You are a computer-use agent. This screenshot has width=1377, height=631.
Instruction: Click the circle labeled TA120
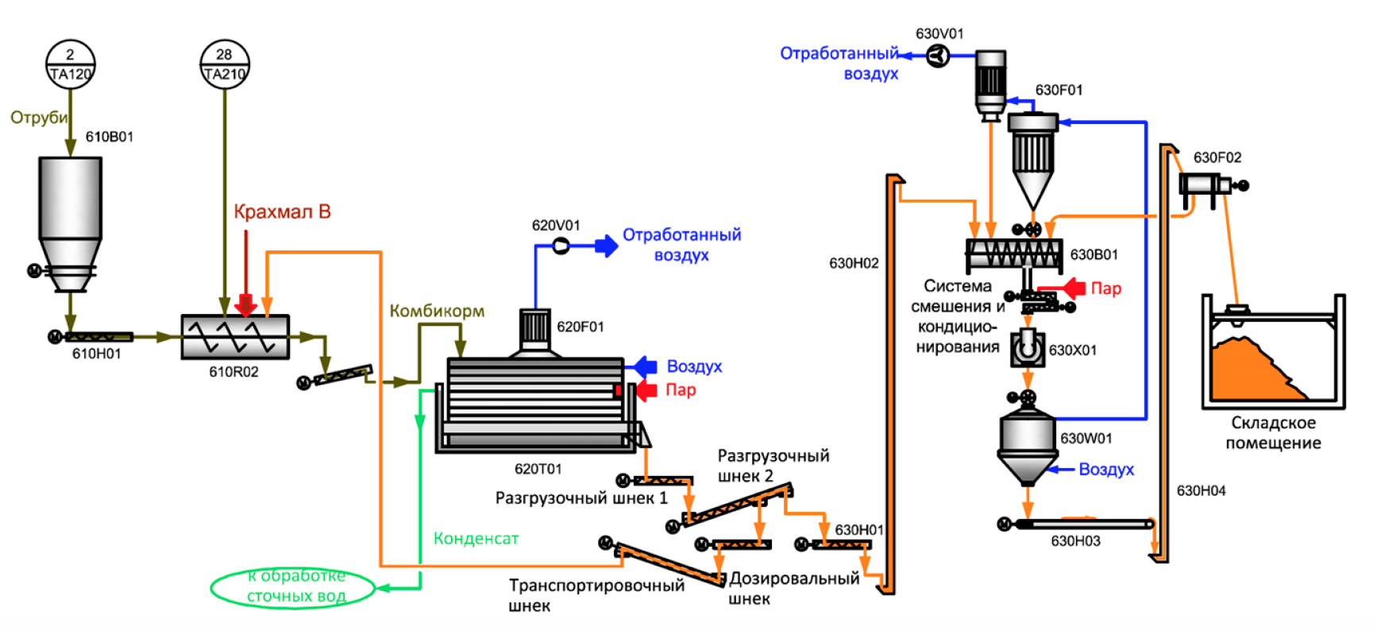click(x=70, y=64)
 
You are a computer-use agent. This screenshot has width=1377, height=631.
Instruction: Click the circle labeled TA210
click(x=225, y=64)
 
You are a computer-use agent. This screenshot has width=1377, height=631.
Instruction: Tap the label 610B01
click(x=110, y=137)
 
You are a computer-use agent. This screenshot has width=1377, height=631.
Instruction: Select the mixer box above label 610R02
click(x=235, y=337)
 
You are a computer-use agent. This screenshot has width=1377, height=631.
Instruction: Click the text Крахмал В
click(x=282, y=212)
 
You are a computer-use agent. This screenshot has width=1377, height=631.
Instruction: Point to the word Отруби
click(x=39, y=118)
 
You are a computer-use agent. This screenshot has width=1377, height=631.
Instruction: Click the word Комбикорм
click(x=437, y=312)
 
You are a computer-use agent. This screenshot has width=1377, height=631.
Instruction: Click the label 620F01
click(x=580, y=327)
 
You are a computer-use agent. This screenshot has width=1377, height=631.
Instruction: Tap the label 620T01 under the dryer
click(x=538, y=469)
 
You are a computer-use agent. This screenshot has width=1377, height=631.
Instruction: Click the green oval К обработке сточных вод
click(x=293, y=587)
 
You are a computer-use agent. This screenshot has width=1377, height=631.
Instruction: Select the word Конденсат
click(x=476, y=539)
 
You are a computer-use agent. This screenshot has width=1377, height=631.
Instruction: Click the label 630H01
click(x=859, y=529)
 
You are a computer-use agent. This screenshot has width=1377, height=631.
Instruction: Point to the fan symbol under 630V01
click(x=938, y=55)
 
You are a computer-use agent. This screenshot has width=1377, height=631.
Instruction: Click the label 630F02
click(x=1217, y=157)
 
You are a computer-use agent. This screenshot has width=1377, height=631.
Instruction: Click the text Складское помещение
click(x=1273, y=433)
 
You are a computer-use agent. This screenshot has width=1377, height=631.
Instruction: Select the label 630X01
click(x=1073, y=350)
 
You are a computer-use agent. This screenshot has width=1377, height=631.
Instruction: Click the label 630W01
click(x=1086, y=438)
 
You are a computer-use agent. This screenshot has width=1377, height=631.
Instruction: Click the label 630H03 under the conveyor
click(x=1075, y=541)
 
